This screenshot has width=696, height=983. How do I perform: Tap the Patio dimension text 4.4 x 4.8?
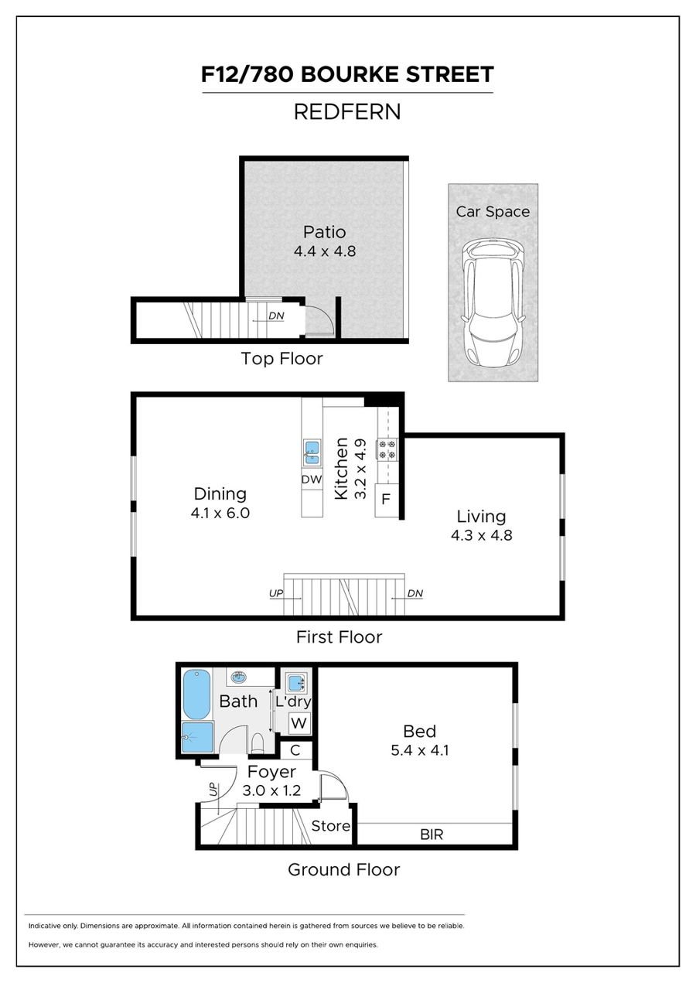(x=324, y=251)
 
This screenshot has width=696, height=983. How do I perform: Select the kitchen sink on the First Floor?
(x=312, y=453)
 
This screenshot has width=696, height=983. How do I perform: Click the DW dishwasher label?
(x=312, y=480)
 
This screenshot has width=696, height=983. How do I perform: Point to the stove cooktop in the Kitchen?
(x=386, y=449)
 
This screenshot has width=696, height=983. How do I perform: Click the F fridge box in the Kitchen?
(x=386, y=500)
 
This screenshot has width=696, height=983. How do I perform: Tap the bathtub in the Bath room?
(x=196, y=695)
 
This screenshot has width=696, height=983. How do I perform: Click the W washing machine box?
(x=299, y=722)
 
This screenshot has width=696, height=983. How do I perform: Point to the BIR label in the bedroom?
(x=432, y=835)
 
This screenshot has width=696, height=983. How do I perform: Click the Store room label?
(x=330, y=826)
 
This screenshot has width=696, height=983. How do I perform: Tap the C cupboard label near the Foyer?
(x=295, y=750)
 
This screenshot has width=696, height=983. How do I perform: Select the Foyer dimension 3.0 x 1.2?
(x=271, y=790)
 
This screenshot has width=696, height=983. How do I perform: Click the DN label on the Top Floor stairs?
(x=276, y=316)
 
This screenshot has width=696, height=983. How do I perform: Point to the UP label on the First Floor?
(x=276, y=593)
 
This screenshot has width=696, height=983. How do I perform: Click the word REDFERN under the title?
(x=347, y=112)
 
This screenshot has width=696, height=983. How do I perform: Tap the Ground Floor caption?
(x=343, y=869)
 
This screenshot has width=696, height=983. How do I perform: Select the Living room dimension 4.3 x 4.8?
(x=482, y=535)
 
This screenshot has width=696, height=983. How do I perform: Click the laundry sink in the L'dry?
(x=295, y=683)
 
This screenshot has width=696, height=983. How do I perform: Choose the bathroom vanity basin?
(x=239, y=678)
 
